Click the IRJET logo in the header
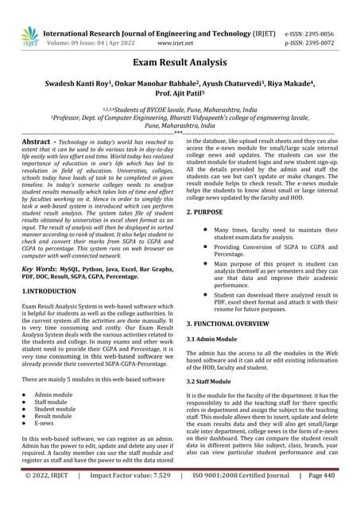(30, 35)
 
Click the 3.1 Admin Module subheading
(218, 340)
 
